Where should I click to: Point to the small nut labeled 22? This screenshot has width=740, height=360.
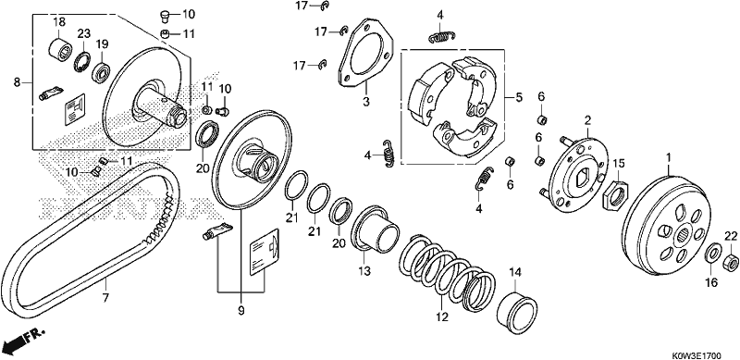(x=731, y=261)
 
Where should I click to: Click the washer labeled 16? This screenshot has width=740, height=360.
(x=712, y=254)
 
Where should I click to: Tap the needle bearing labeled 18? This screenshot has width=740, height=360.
(x=60, y=50)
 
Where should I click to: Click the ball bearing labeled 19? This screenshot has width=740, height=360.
(x=102, y=71)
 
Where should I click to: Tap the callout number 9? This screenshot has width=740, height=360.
(x=240, y=310)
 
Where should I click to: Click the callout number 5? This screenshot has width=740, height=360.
(x=519, y=98)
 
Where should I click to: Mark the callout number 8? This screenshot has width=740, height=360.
(x=17, y=82)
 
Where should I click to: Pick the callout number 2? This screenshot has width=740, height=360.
(x=587, y=120)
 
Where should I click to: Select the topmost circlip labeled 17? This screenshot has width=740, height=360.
(x=324, y=6)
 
